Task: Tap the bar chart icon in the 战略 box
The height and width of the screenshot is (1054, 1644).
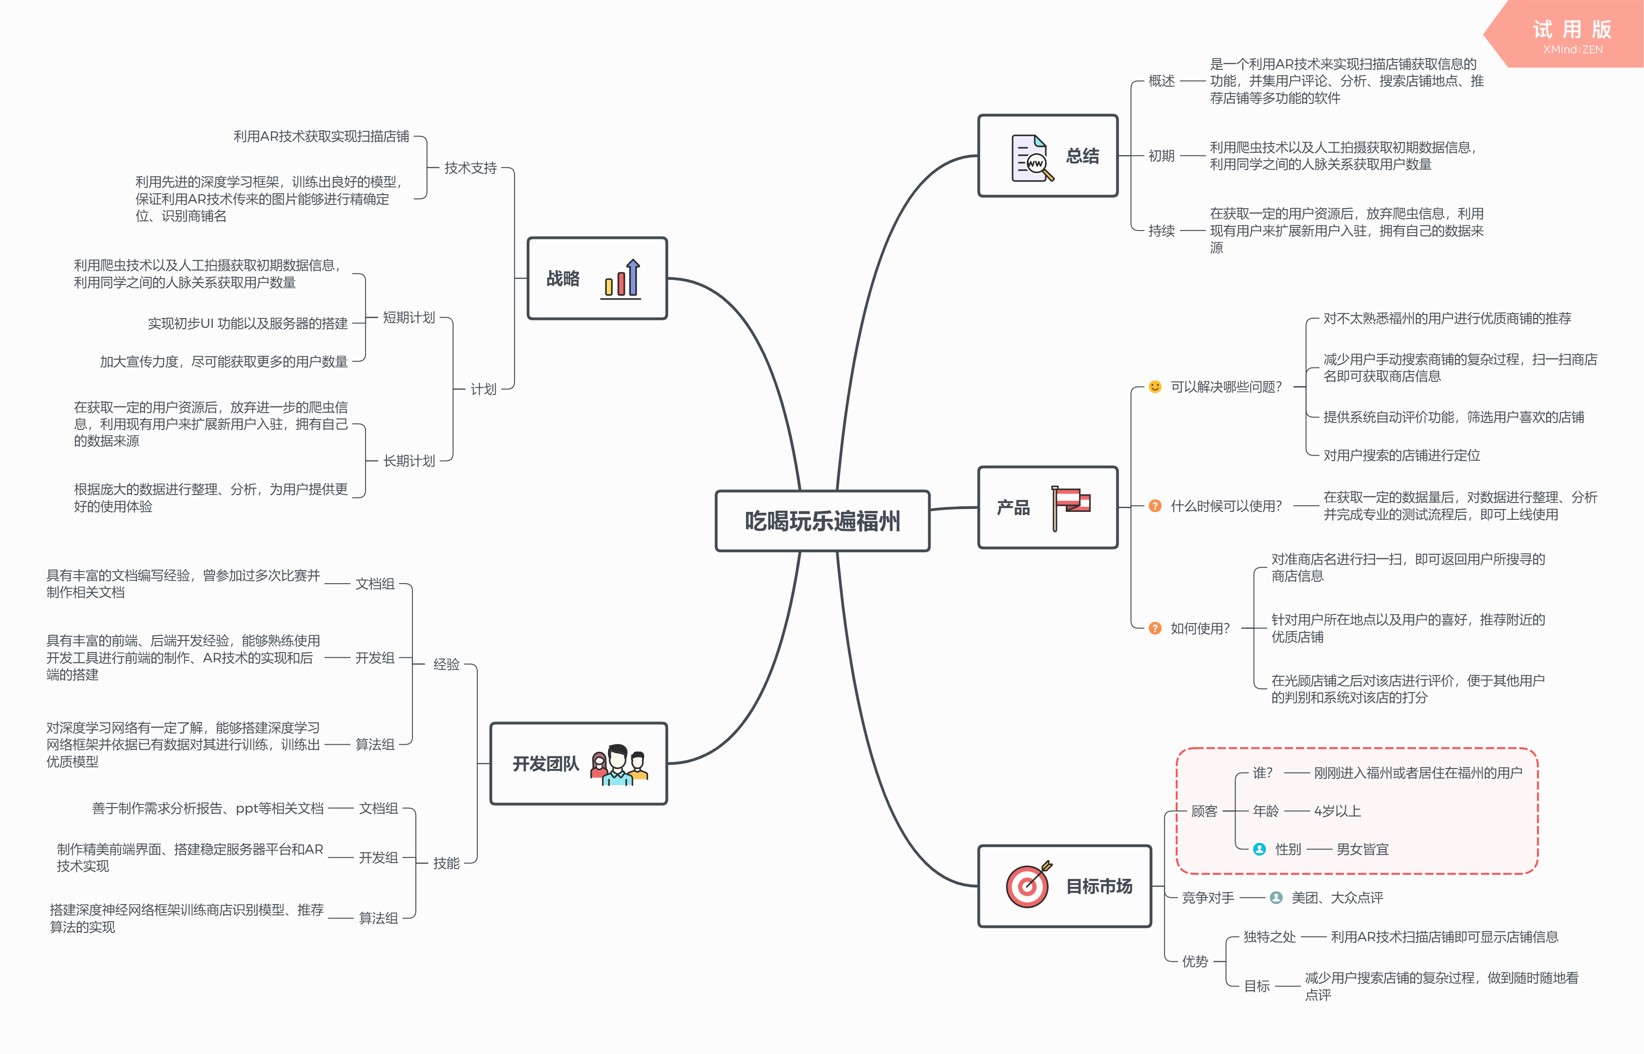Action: (622, 279)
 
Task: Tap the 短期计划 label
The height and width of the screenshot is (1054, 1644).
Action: (408, 318)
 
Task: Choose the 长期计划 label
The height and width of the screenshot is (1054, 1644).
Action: (408, 461)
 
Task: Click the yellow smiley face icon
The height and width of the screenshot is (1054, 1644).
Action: (1155, 387)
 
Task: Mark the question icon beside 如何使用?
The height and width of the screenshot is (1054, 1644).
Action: (1155, 628)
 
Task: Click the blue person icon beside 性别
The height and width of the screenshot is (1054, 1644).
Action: (1259, 850)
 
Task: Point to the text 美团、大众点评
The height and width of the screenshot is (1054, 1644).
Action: (1337, 897)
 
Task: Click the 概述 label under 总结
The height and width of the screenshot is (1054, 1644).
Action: (1161, 81)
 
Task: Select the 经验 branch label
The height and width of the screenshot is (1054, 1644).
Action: (446, 664)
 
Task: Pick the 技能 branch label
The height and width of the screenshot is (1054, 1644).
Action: (446, 863)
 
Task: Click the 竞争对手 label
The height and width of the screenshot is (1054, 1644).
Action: (1208, 897)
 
